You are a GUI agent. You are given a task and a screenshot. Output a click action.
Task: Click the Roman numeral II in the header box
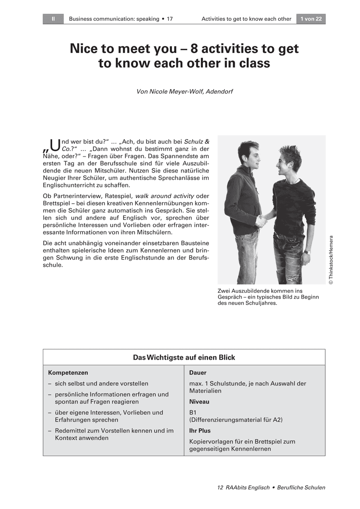pos(53,19)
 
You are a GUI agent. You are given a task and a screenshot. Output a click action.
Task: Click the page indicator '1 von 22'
pos(311,19)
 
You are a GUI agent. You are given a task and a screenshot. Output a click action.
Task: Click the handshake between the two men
pos(262,221)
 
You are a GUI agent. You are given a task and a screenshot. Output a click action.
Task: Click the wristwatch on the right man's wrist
pos(307,252)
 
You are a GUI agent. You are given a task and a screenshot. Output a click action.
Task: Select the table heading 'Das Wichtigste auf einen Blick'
pos(184,357)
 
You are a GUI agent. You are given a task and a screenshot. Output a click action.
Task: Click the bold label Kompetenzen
pos(68,373)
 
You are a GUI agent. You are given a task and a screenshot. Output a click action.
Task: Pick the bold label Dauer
pos(198,373)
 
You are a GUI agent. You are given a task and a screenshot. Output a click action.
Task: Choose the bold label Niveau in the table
pos(199,402)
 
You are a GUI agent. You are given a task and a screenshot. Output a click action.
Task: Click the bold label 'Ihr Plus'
pos(200,431)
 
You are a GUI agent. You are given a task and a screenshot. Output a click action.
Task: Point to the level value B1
pos(193,412)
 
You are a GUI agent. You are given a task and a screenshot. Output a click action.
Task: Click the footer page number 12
pos(220,487)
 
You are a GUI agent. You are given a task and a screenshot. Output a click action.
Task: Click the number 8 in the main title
pos(194,49)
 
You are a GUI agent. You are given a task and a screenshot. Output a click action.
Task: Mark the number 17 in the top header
pos(169,19)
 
